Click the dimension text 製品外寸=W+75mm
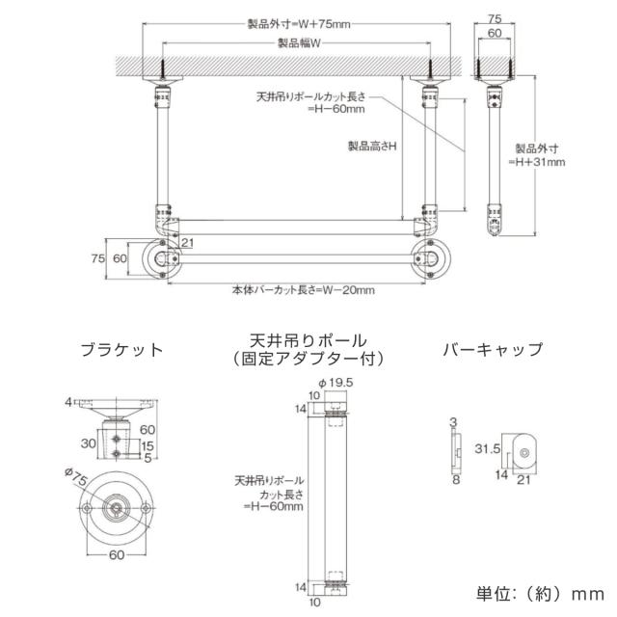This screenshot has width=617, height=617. click(x=298, y=25)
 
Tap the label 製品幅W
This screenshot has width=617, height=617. click(x=298, y=43)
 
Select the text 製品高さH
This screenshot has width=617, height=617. click(x=373, y=146)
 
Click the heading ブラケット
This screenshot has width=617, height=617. click(x=121, y=350)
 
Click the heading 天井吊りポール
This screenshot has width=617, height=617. click(x=308, y=341)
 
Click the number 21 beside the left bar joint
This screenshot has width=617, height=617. click(x=188, y=241)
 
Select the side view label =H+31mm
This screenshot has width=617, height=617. click(x=539, y=162)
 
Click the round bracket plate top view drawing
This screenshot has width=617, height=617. click(x=117, y=507)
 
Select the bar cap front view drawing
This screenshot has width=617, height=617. click(x=523, y=452)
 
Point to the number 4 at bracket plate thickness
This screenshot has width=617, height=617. click(x=70, y=400)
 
